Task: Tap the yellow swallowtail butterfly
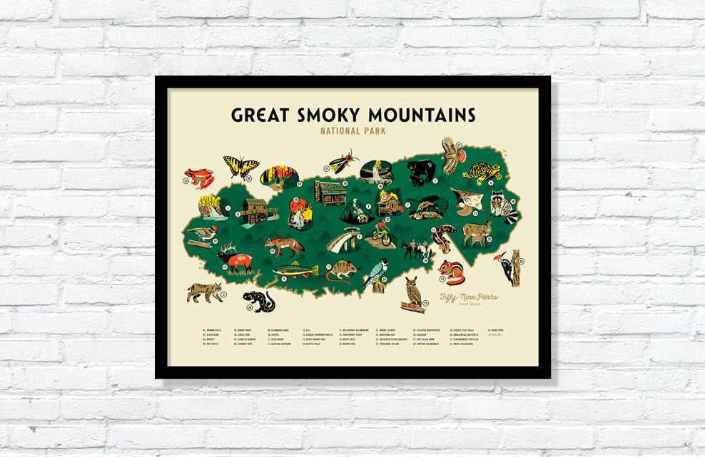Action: pos(240,167)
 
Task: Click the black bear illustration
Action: pos(421,172)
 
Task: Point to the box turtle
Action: pos(482,172)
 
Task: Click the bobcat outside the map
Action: pos(204,291)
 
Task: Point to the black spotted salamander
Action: pos(258,300)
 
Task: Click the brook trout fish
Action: pos(295,270)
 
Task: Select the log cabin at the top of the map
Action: pos(330,192)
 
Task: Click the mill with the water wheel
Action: pos(253,210)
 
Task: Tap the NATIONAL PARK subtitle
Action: pos(352,131)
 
